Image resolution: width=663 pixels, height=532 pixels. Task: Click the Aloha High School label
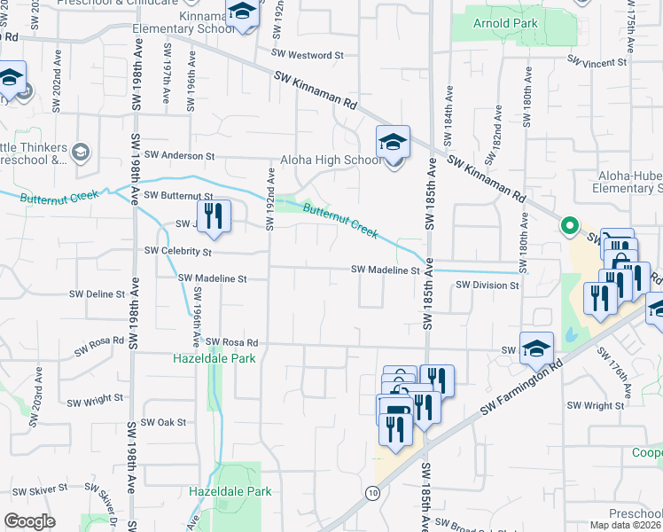(331, 160)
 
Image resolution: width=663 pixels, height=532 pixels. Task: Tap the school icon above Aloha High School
(393, 142)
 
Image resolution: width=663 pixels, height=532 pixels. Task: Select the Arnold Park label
(506, 22)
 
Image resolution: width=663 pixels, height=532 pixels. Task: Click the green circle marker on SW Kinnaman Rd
(569, 226)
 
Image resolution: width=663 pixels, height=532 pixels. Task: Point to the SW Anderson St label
(179, 155)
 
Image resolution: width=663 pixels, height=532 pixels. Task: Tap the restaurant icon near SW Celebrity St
(213, 216)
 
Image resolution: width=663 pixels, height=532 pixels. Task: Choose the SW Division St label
(487, 286)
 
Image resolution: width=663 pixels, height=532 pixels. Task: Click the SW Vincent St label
(597, 63)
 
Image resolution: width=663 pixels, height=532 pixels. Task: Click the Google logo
(29, 521)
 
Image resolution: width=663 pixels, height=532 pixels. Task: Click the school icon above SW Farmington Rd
(536, 348)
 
